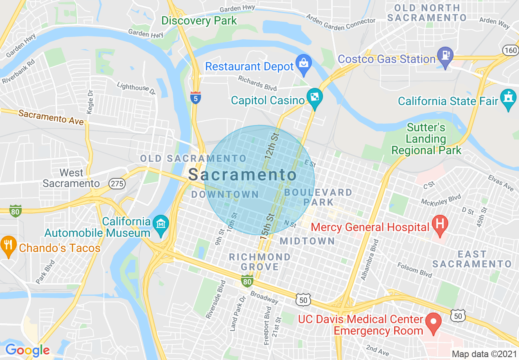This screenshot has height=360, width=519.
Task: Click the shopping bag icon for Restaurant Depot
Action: pos(304,64)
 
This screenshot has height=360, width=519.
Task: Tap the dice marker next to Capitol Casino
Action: pos(315,98)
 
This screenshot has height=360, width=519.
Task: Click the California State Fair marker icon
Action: pos(508,98)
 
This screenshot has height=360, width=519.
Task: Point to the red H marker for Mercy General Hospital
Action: pos(440,225)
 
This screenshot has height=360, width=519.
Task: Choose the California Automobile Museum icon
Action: pos(160,225)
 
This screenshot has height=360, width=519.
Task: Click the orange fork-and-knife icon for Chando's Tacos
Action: pos(8,246)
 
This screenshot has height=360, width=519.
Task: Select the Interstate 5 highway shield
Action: pos(196,97)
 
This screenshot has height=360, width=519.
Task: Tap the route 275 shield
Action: pos(117,184)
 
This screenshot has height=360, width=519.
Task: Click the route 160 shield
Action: pos(510,50)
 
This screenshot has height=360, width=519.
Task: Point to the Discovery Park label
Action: pos(199,20)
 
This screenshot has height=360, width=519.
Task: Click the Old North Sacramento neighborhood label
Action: pos(427,13)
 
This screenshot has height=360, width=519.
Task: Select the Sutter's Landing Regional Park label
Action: pos(426,139)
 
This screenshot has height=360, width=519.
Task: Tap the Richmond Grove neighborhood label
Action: pos(259,262)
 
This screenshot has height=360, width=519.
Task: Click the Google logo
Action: pos(27,351)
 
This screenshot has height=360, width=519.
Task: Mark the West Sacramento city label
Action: pos(71,178)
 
